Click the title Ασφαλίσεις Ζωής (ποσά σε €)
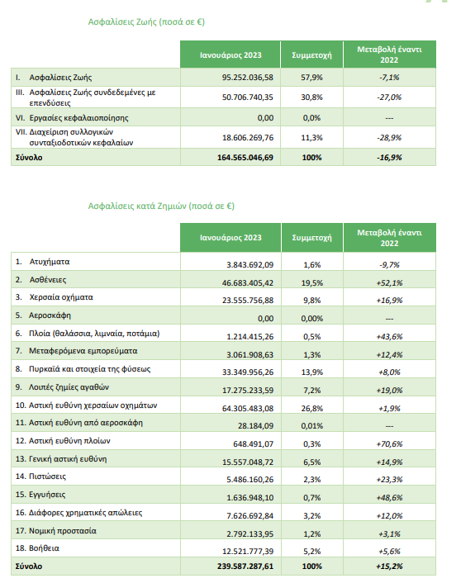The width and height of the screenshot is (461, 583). pyautogui.click(x=146, y=22)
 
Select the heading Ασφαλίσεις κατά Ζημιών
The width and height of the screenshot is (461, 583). pyautogui.click(x=138, y=206)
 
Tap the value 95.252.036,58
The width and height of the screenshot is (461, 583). pyautogui.click(x=247, y=78)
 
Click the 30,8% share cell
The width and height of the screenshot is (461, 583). pyautogui.click(x=311, y=97)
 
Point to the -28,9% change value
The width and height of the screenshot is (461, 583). pyautogui.click(x=389, y=138)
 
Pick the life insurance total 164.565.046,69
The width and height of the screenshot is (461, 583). pyautogui.click(x=245, y=157)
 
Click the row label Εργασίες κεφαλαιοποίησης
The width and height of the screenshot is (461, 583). pyautogui.click(x=78, y=118)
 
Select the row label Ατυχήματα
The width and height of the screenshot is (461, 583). pyautogui.click(x=50, y=262)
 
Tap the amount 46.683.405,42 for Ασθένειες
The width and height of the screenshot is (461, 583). pyautogui.click(x=248, y=283)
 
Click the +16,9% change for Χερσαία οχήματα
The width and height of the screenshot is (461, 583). pyautogui.click(x=389, y=301)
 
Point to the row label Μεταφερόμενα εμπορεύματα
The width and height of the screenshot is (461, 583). pyautogui.click(x=83, y=351)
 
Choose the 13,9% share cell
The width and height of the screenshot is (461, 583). pyautogui.click(x=311, y=372)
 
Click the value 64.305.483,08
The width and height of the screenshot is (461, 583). pyautogui.click(x=248, y=408)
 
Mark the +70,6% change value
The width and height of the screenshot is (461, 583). pyautogui.click(x=389, y=444)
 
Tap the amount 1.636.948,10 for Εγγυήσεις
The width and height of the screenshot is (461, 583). pyautogui.click(x=250, y=497)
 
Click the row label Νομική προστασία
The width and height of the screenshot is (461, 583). pyautogui.click(x=63, y=531)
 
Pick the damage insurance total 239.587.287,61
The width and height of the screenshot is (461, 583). pyautogui.click(x=245, y=566)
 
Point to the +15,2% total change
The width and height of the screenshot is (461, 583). pyautogui.click(x=389, y=566)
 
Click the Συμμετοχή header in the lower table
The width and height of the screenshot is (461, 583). pyautogui.click(x=311, y=238)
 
